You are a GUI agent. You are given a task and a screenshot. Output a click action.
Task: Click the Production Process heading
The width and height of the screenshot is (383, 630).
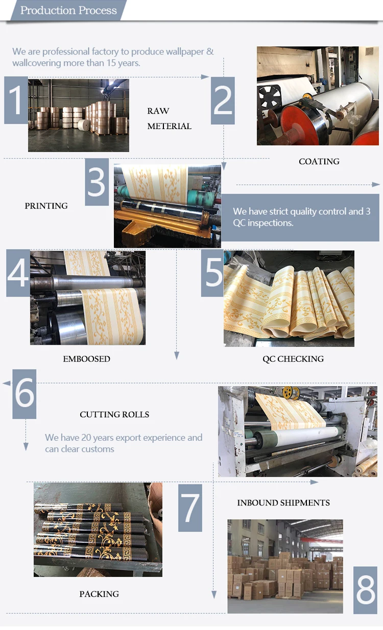tap(68, 10)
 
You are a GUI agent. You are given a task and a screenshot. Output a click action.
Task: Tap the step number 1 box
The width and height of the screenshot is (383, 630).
tap(16, 100)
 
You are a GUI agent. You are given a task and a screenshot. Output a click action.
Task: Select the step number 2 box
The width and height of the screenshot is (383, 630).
tap(223, 100)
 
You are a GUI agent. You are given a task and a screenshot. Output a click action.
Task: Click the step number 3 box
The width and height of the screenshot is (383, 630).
tap(97, 182)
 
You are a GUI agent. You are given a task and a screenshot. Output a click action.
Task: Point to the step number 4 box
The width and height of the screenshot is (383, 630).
tap(18, 273)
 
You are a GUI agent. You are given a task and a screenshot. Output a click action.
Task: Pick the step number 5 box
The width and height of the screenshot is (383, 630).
tap(212, 273)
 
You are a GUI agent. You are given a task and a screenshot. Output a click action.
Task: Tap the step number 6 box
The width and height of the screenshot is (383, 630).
tap(24, 394)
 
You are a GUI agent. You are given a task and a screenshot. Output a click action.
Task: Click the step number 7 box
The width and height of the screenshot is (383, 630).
tap(190, 508)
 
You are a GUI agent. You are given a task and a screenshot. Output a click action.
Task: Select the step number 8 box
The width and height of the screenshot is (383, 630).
tap(365, 590)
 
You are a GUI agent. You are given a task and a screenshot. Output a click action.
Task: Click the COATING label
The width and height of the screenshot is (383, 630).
tap(319, 161)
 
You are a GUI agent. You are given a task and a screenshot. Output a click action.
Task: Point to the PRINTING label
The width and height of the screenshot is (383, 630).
tap(46, 206)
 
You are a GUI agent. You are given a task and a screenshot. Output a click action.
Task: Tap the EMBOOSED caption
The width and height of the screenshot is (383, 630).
tap(86, 359)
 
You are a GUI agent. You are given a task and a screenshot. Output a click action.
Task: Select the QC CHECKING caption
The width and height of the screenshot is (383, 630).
tap(293, 359)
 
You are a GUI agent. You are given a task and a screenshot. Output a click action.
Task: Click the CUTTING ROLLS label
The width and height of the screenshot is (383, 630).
tap(114, 414)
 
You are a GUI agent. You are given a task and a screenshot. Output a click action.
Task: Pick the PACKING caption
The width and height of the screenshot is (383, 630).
tap(99, 594)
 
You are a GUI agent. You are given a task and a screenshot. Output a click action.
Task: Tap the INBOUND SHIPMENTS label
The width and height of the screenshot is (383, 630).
tap(283, 502)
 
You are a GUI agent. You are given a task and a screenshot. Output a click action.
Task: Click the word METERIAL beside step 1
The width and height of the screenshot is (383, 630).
tap(169, 127)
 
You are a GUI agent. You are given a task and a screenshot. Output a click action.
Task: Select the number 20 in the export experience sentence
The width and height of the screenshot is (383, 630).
tap(86, 438)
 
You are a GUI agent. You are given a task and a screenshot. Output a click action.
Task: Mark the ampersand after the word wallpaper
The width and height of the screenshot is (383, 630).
tap(210, 52)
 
